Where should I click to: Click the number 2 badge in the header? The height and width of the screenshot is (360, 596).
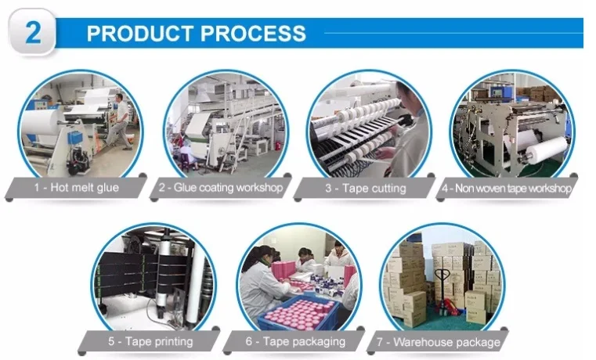coord(33,34)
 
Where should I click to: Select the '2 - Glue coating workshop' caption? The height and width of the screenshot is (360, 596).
coord(220,188)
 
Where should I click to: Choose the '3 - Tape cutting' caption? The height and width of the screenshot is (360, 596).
coord(366,188)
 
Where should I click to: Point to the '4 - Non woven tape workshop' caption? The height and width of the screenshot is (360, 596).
coord(507,188)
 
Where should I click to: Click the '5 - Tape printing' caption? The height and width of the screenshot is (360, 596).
coord(150,341)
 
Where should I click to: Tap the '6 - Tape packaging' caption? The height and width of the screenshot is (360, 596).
coord(294,341)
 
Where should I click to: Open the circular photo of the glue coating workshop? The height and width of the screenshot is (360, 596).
coord(226,125)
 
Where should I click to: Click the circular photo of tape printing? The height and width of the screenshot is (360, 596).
coord(152,279)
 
